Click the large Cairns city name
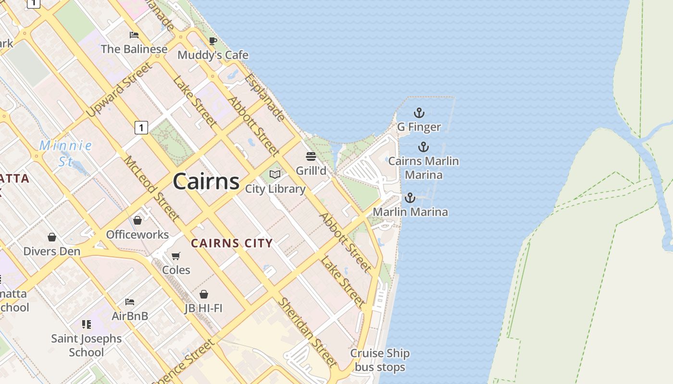pyautogui.click(x=206, y=181)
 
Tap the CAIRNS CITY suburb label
pyautogui.click(x=232, y=243)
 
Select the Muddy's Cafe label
pyautogui.click(x=213, y=55)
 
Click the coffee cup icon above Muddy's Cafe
pyautogui.click(x=212, y=41)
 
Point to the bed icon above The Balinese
pyautogui.click(x=134, y=35)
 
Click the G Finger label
pyautogui.click(x=419, y=127)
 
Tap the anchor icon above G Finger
pyautogui.click(x=419, y=113)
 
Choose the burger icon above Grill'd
pyautogui.click(x=311, y=156)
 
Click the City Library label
pyautogui.click(x=275, y=189)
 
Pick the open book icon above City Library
pyautogui.click(x=275, y=174)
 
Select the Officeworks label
pyautogui.click(x=137, y=235)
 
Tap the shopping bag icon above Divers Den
pyautogui.click(x=52, y=237)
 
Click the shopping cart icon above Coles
pyautogui.click(x=176, y=256)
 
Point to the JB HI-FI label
pyautogui.click(x=203, y=308)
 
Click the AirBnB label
pyautogui.click(x=130, y=316)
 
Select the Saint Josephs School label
pyautogui.click(x=87, y=346)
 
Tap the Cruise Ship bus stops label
pyautogui.click(x=380, y=360)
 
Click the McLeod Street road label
pyautogui.click(x=152, y=189)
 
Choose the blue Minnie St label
pyautogui.click(x=65, y=153)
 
